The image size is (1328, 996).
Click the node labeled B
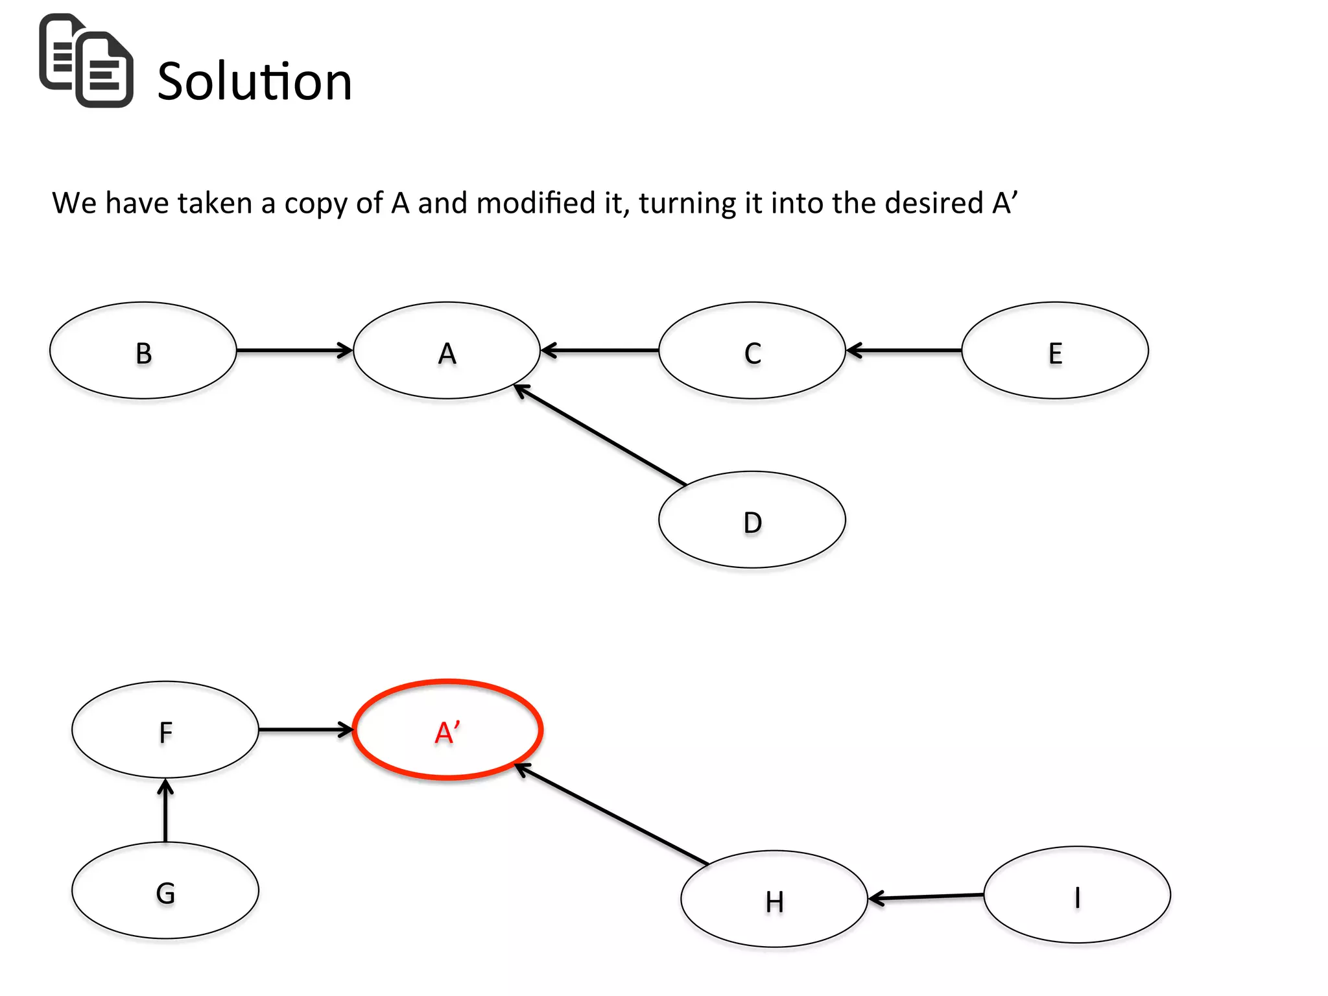[143, 351]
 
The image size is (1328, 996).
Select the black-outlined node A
[447, 351]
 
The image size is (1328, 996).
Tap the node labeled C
[752, 351]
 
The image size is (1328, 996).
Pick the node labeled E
[1055, 351]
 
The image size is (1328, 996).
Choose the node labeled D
[752, 520]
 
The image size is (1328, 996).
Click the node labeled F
[165, 730]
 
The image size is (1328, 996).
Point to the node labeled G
[165, 891]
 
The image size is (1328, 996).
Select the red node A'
[447, 730]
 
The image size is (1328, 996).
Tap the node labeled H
[774, 899]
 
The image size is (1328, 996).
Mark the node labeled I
[1077, 895]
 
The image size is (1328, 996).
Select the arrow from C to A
[600, 351]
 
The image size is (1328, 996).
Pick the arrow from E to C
[904, 351]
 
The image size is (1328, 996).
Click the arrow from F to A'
[305, 730]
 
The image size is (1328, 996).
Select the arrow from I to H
[926, 897]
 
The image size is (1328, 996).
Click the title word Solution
[254, 82]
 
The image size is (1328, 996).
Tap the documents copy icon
[86, 60]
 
